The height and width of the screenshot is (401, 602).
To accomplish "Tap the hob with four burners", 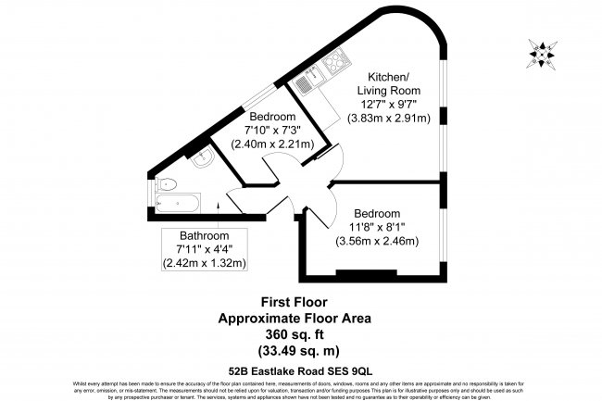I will (x=332, y=64).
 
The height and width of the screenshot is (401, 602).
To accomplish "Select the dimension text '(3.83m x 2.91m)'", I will (x=389, y=119).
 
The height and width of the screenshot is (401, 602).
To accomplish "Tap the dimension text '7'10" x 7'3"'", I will (x=279, y=131).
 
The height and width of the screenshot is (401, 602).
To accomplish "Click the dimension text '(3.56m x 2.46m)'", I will (x=377, y=242).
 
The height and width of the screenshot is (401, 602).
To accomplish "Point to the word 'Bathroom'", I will (x=205, y=235).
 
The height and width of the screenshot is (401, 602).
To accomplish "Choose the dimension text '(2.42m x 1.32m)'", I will (x=205, y=263).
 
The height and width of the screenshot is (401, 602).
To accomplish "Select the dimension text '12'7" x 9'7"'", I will (x=389, y=105).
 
